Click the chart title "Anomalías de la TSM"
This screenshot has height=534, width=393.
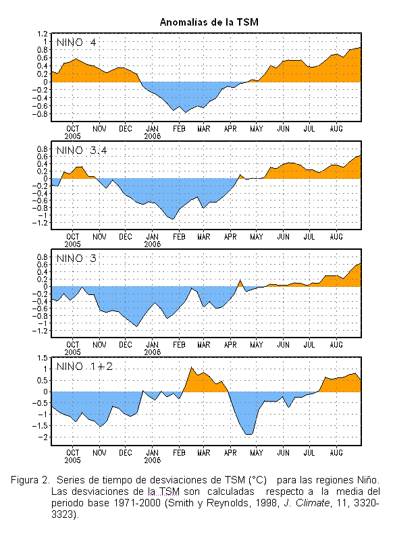click(209, 22)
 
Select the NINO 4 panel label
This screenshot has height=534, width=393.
click(76, 43)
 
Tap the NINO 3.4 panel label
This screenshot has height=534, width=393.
click(82, 151)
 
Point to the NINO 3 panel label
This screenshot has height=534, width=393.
click(76, 259)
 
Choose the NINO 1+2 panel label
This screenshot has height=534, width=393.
click(84, 367)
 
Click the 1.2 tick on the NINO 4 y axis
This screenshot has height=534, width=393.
click(43, 34)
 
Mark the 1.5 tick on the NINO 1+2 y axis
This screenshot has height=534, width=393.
click(43, 358)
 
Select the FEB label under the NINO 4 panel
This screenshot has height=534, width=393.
click(179, 129)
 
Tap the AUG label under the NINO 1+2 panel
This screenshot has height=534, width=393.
click(336, 453)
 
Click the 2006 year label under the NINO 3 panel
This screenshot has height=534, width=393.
click(152, 352)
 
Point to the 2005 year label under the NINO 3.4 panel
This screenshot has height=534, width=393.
click(72, 244)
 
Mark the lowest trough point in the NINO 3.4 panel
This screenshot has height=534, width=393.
click(173, 219)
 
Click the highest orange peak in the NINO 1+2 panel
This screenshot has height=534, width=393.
click(191, 367)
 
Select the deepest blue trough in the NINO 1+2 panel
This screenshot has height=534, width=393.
click(249, 435)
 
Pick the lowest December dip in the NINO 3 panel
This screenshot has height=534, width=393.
click(137, 327)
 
